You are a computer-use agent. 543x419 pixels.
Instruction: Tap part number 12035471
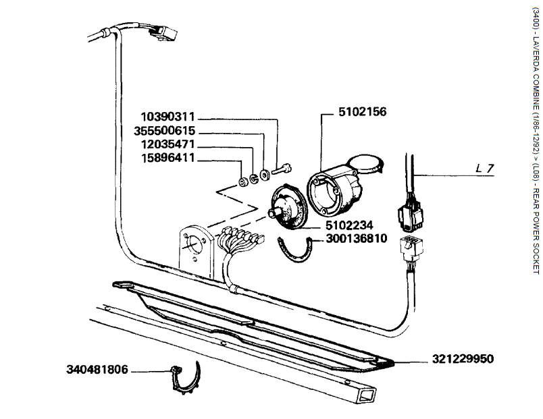(167, 145)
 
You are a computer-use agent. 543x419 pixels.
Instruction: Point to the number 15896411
(167, 159)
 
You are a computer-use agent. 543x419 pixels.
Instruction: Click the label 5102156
(364, 112)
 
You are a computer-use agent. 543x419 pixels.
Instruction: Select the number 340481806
(97, 370)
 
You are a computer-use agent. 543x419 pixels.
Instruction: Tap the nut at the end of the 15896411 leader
(241, 182)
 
